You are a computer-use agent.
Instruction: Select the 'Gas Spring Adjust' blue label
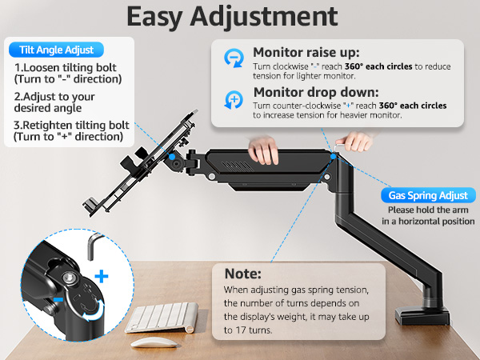coord(427,195)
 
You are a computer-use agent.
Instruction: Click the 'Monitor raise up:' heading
coord(305,51)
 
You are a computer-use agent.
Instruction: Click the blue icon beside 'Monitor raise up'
coord(234,58)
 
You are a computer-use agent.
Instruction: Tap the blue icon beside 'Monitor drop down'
coord(234,99)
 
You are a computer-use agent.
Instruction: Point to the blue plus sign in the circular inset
coord(102,276)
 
